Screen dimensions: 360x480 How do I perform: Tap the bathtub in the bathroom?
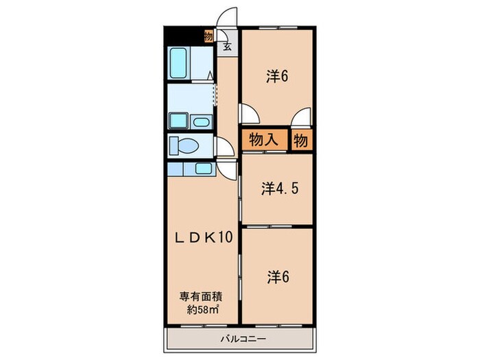point(182,63)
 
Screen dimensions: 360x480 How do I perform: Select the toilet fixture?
point(185,145)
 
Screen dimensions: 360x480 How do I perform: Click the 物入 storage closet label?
point(263,140)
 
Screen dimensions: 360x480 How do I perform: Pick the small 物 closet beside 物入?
point(300,140)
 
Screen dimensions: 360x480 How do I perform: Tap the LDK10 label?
point(203,237)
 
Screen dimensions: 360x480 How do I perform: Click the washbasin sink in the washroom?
point(201,122)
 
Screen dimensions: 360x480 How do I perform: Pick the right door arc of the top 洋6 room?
point(299,117)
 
